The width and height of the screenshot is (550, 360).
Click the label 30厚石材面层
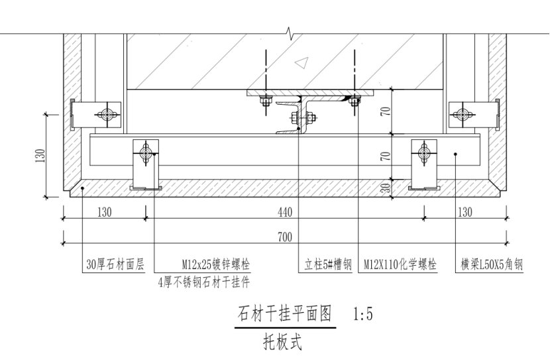point(115,265)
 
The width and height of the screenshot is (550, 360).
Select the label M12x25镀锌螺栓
point(216,265)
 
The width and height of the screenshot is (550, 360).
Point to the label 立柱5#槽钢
point(327,265)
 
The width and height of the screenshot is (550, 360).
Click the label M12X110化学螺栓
point(400,265)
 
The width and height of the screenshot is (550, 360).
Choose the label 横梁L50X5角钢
point(492,265)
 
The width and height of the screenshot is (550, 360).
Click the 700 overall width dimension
point(286,236)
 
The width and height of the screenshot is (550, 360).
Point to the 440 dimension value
point(286,213)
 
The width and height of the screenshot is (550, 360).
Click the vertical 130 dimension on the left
point(41,155)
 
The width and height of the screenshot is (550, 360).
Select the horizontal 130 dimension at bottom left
point(104,213)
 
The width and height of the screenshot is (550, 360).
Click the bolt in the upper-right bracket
point(460,115)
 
